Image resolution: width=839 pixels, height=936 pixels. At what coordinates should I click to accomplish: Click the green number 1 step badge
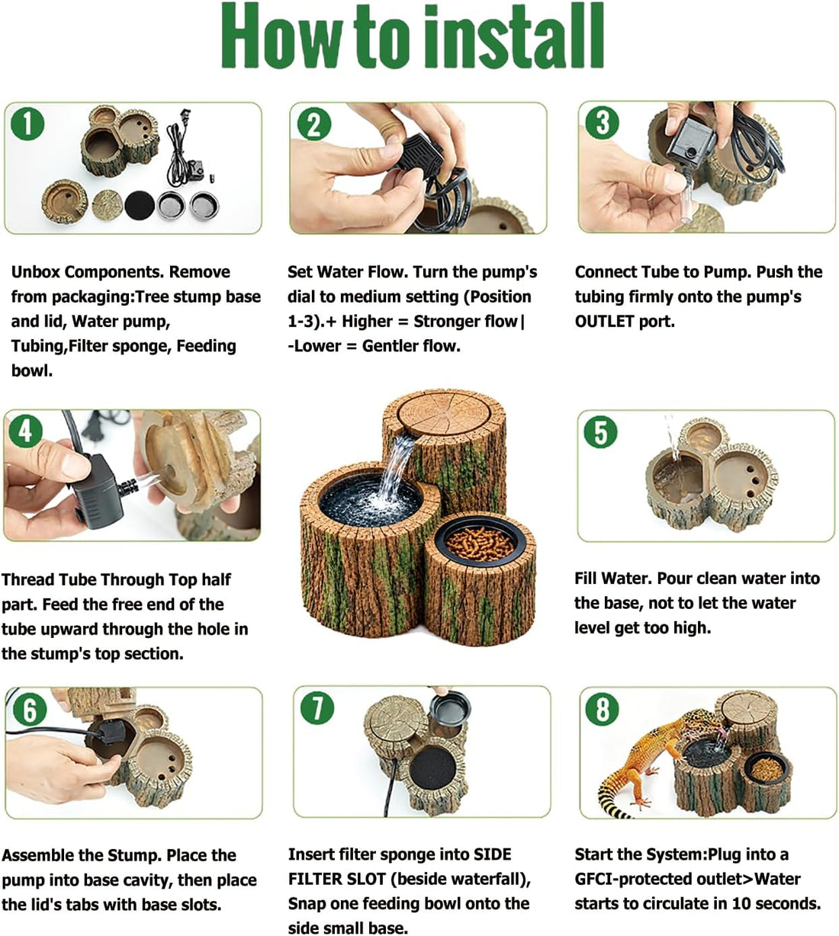pos(27,123)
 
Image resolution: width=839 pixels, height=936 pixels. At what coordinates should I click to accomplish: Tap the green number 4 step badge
pos(25,431)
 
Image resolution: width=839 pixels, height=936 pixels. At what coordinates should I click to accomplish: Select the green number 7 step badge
pos(317,707)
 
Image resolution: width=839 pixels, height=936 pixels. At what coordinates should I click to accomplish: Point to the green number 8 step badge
pos(603,708)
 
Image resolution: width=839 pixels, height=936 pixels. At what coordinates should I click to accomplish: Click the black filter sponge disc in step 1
pos(140,206)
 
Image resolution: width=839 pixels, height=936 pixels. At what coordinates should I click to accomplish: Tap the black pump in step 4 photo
pos(97,491)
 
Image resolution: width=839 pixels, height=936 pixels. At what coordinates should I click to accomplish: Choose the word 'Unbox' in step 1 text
pos(35,271)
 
